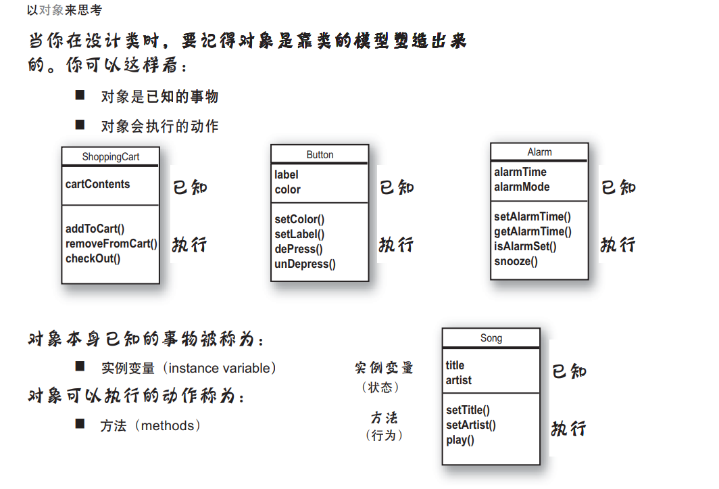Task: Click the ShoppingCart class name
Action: click(x=110, y=157)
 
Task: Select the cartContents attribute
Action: click(x=97, y=184)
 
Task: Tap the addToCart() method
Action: click(x=95, y=229)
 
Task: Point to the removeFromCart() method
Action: click(x=111, y=243)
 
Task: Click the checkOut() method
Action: click(x=93, y=258)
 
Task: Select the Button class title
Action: click(x=320, y=155)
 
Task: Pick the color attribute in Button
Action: click(x=287, y=189)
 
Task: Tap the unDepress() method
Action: click(x=305, y=264)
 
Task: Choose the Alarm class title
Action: click(x=539, y=152)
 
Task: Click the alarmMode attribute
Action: click(x=522, y=187)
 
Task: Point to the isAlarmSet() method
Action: click(x=525, y=246)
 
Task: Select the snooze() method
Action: click(x=516, y=261)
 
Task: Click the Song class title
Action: click(x=491, y=338)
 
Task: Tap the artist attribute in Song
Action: click(x=459, y=380)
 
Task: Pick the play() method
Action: click(x=460, y=440)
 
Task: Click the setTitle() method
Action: click(x=468, y=410)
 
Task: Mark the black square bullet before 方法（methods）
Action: click(x=80, y=423)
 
